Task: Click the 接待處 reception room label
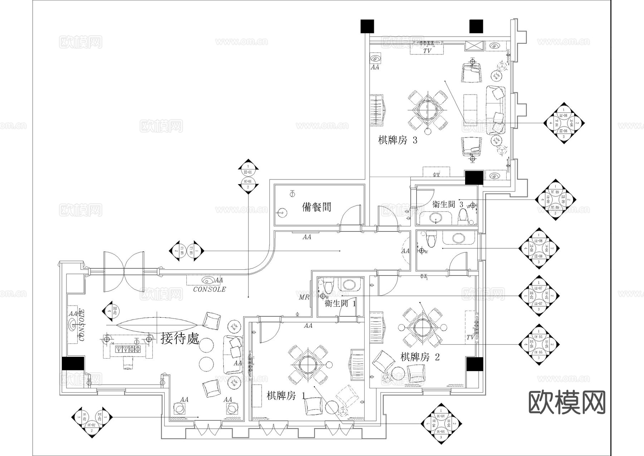pos(180,338)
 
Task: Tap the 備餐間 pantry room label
pos(317,207)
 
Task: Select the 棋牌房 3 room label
pos(397,140)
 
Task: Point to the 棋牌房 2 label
pos(420,357)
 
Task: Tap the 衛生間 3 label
pos(448,204)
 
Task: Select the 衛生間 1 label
pos(340,304)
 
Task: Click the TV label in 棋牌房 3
pos(427,51)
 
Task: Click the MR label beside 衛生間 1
pos(304,297)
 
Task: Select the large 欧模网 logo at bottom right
pos(567,402)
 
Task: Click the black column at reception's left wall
pos(73,363)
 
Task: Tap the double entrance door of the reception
pos(124,272)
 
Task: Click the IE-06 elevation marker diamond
pos(564,123)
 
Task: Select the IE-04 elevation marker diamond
pos(441,424)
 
